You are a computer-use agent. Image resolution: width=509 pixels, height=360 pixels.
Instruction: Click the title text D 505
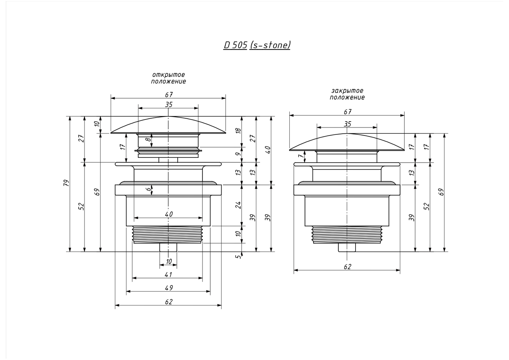[235, 45]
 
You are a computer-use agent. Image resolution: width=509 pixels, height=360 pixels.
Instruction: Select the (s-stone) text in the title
[270, 45]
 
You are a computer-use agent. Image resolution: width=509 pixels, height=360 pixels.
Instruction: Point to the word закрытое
[347, 91]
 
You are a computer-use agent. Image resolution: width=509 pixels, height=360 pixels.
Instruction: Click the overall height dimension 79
[66, 183]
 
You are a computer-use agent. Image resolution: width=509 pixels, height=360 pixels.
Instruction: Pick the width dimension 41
[168, 275]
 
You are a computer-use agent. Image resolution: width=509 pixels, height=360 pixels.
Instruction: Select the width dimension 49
[168, 288]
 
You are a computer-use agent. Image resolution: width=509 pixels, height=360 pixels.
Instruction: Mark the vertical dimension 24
[238, 205]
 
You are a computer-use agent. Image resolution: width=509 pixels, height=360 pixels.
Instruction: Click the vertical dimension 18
[238, 131]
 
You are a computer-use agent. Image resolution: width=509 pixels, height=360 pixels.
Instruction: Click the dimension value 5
[238, 256]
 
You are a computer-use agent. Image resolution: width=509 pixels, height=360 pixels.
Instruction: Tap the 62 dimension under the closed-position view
[347, 267]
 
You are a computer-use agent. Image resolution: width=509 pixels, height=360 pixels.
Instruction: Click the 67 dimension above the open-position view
[168, 94]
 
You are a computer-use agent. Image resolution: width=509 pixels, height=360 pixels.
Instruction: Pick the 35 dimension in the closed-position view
[347, 124]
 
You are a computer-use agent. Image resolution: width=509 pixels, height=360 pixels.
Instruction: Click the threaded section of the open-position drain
[167, 234]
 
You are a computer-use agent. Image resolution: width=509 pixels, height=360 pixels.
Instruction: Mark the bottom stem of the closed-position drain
[346, 248]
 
